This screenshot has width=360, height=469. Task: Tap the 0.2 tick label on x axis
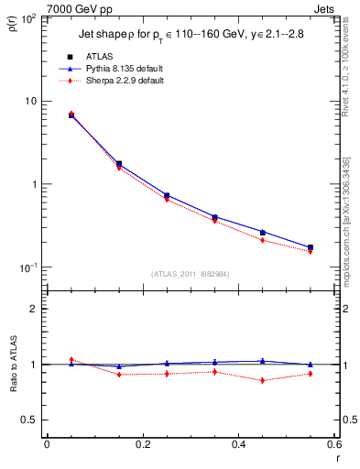coord(142,443)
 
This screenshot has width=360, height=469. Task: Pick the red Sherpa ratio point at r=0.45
coord(262,380)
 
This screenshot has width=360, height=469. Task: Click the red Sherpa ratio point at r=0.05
coord(71,360)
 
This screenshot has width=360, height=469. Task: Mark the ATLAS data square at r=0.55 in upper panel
coord(310,247)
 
